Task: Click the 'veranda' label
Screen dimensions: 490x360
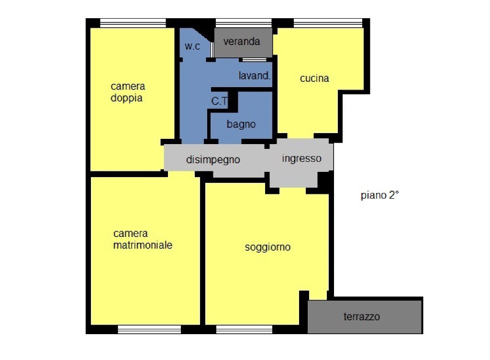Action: [x=242, y=41]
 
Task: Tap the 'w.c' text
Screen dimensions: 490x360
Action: [x=192, y=46]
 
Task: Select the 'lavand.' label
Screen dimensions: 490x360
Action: [x=255, y=76]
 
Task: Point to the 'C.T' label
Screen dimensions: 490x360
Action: [x=219, y=101]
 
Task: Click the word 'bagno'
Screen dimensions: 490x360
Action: [x=241, y=124]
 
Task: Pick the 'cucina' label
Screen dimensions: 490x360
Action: [x=314, y=78]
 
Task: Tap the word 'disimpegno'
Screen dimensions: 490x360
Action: [x=213, y=160]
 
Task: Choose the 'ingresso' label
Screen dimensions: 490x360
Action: [x=301, y=158]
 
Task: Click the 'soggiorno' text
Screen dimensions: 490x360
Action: [x=268, y=247]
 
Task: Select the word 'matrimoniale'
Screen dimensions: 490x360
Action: [x=143, y=245]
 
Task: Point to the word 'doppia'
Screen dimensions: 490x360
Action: [x=126, y=98]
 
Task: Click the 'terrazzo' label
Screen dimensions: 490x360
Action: [x=362, y=316]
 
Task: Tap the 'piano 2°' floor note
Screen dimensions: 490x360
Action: [x=379, y=195]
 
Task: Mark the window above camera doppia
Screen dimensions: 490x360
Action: [x=133, y=23]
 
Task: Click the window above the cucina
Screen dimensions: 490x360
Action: [x=328, y=23]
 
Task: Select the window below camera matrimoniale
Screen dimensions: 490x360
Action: [x=149, y=329]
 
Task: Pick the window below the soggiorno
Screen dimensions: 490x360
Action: [x=244, y=329]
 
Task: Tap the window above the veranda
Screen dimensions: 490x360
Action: [x=244, y=23]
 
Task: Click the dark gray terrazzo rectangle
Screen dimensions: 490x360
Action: [x=365, y=316]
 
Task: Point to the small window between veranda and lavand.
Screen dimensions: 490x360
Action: [x=255, y=59]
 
